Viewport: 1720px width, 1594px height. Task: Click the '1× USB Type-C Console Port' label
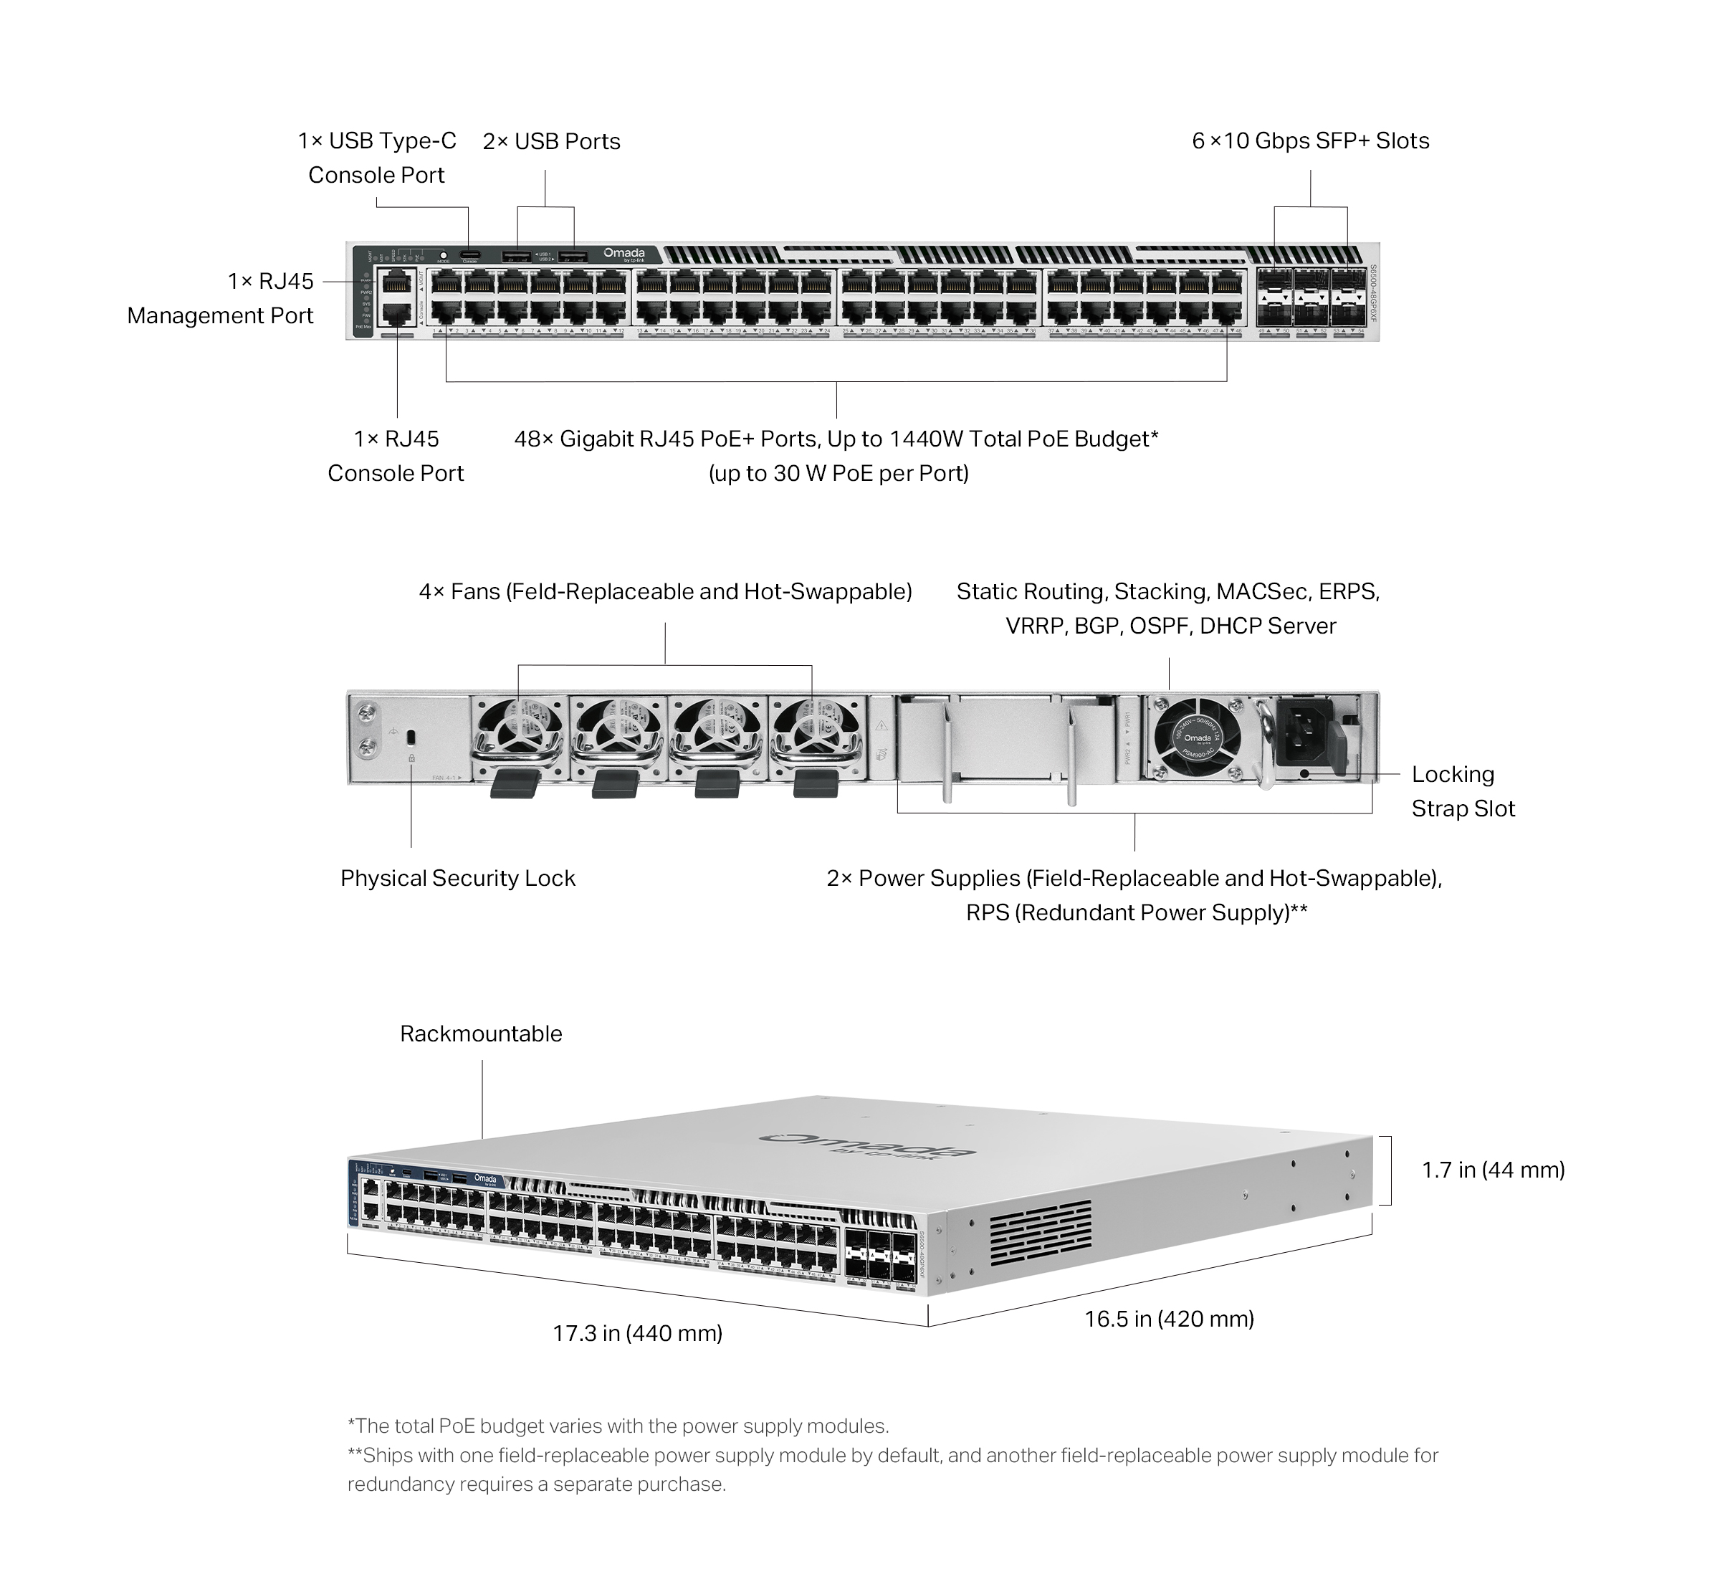coord(377,158)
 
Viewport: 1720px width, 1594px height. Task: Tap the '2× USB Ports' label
coord(551,141)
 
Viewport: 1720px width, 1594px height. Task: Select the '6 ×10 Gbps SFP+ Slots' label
coord(1309,141)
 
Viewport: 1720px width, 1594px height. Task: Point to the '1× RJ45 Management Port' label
coord(221,298)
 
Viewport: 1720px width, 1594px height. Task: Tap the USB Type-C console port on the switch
coord(469,254)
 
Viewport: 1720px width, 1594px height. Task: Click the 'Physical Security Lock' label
coord(457,878)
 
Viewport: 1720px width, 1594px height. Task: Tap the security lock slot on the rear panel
coord(411,737)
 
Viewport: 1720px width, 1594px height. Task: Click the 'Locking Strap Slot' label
coord(1462,791)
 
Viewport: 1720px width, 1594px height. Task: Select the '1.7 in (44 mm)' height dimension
coord(1492,1170)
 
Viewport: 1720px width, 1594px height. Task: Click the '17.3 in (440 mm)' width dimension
coord(637,1332)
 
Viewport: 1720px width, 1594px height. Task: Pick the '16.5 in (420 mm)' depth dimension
coord(1169,1318)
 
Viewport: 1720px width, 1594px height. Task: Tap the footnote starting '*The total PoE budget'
coord(618,1426)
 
